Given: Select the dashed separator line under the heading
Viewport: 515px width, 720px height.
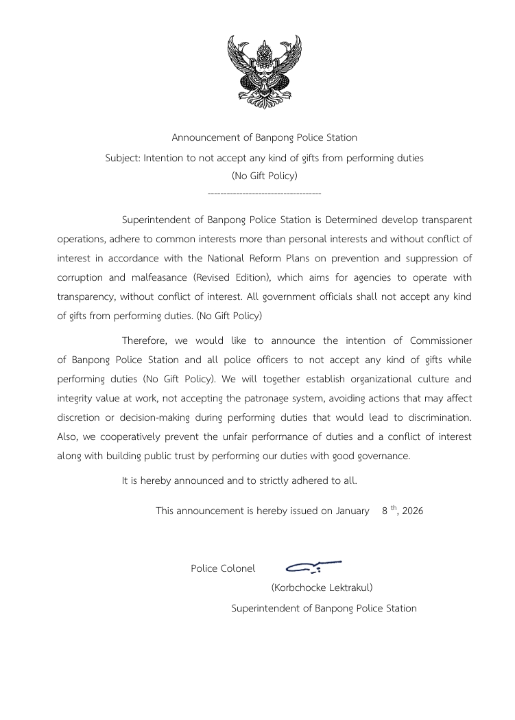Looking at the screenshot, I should [264, 194].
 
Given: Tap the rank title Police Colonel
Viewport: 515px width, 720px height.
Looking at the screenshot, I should [223, 568].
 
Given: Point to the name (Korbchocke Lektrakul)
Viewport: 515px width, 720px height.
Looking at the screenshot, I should [322, 588].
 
